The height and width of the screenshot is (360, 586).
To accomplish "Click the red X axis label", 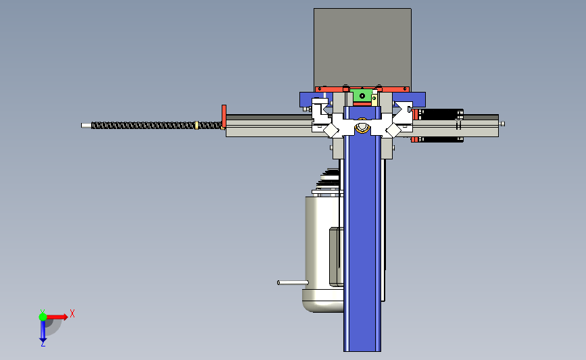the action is pyautogui.click(x=72, y=313).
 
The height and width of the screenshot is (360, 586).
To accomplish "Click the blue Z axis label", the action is pyautogui.click(x=43, y=344).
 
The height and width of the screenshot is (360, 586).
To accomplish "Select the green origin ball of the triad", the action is pyautogui.click(x=43, y=317).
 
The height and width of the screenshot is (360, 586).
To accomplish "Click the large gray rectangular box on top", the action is pyautogui.click(x=362, y=47).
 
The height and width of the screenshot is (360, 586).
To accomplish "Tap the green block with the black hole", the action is pyautogui.click(x=362, y=96).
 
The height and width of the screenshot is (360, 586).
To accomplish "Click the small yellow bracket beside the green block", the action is pyautogui.click(x=374, y=98).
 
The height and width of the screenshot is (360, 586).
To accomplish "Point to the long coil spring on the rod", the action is pyautogui.click(x=157, y=126).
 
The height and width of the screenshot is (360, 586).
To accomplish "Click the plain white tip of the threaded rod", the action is pyautogui.click(x=87, y=126).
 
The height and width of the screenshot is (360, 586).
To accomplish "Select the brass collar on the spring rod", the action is pyautogui.click(x=197, y=125).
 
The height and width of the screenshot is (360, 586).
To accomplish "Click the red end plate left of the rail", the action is pyautogui.click(x=224, y=116).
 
